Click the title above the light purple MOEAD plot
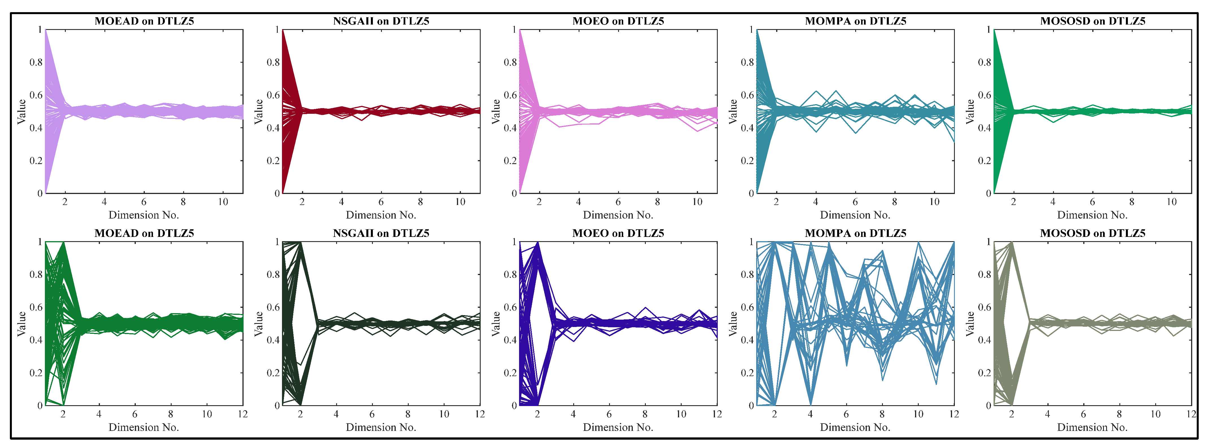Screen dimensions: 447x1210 click(144, 21)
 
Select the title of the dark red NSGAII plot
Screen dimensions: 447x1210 click(381, 21)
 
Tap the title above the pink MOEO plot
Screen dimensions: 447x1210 click(618, 21)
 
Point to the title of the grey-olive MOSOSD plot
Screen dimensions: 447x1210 click(1093, 233)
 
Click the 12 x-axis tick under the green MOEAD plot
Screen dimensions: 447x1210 click(242, 414)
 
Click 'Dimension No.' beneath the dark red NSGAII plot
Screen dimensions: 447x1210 click(381, 215)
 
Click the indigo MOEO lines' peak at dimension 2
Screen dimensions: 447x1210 click(537, 243)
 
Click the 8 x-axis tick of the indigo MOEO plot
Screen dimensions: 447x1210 click(645, 414)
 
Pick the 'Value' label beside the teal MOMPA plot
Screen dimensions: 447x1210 click(733, 112)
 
